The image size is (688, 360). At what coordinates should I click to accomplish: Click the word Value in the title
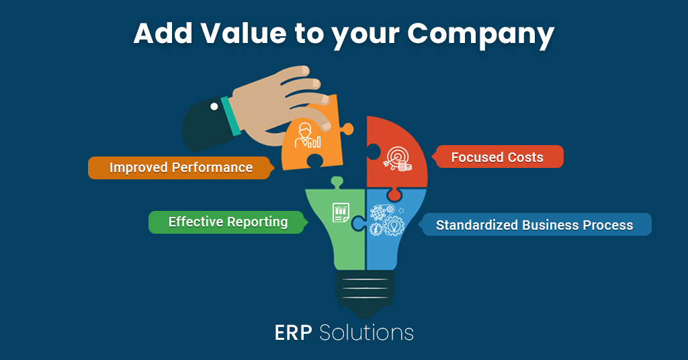(x=243, y=33)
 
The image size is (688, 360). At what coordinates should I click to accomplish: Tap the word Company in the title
(x=480, y=35)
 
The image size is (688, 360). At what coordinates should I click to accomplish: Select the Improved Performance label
(x=181, y=167)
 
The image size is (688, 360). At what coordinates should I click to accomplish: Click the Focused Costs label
(x=497, y=156)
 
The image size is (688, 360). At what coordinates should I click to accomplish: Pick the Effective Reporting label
(x=228, y=222)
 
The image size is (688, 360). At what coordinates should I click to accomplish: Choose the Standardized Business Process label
(x=534, y=224)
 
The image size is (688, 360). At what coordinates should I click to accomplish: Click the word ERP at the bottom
(x=293, y=333)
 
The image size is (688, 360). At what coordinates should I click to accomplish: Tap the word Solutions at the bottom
(x=366, y=333)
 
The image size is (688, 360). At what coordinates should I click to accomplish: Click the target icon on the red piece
(x=398, y=159)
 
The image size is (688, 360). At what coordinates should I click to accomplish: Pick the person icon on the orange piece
(x=307, y=135)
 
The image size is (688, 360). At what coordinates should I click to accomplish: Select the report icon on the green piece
(x=341, y=212)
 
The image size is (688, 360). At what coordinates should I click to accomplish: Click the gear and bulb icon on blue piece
(x=386, y=220)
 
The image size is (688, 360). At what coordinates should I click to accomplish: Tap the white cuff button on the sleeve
(x=214, y=107)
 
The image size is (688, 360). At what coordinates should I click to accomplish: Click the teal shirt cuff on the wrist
(x=231, y=116)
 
